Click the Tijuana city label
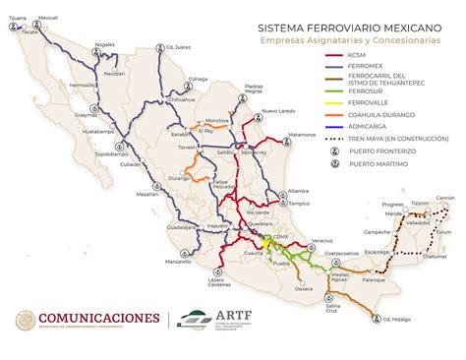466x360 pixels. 15,18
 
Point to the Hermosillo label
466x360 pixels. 79,86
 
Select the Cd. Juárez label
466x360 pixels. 150,47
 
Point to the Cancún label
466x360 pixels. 445,198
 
